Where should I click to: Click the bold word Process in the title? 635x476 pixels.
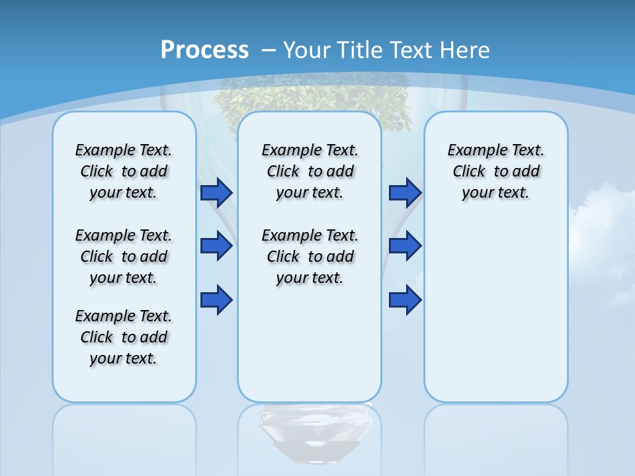click(204, 50)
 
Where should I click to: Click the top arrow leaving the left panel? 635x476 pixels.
click(216, 193)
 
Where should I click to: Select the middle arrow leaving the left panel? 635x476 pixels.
click(216, 247)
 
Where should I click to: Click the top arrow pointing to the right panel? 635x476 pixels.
click(405, 193)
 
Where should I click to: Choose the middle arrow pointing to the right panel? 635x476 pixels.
click(405, 247)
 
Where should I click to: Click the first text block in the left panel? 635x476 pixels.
click(124, 171)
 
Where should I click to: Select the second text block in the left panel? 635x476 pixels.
click(124, 257)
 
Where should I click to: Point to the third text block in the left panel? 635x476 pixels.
click(124, 337)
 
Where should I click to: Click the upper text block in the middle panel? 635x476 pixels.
click(310, 171)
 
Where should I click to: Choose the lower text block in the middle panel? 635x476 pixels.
click(310, 257)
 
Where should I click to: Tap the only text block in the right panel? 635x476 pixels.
click(495, 171)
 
